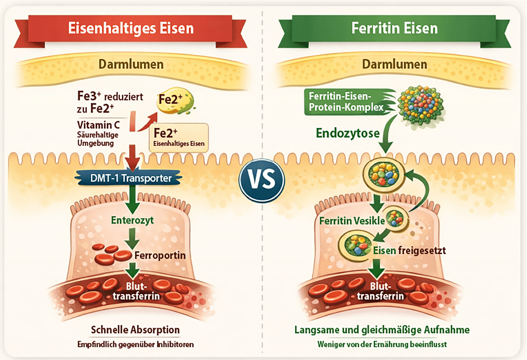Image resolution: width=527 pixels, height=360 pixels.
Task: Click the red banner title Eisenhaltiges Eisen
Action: [131, 28]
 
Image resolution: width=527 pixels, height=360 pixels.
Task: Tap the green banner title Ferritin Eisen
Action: [395, 28]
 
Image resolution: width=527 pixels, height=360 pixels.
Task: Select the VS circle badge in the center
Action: [262, 181]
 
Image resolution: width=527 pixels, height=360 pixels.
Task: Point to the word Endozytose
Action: [348, 133]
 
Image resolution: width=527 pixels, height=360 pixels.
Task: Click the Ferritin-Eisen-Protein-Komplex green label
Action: [346, 102]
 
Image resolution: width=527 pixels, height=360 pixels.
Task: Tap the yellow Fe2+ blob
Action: [175, 101]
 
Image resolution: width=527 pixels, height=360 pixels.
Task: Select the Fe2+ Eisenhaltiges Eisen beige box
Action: [179, 137]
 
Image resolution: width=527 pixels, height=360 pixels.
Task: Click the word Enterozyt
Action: [132, 220]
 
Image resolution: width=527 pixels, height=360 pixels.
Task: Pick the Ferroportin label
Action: [160, 255]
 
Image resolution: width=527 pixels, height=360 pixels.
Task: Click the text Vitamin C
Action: [98, 125]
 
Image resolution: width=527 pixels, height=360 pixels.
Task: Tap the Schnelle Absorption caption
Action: [135, 330]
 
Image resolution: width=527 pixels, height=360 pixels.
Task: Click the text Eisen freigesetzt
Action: [409, 251]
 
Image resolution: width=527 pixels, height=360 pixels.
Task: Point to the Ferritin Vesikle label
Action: [352, 221]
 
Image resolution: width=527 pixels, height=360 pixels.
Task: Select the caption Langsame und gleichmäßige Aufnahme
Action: [382, 330]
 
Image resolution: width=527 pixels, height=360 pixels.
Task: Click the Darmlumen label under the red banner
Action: [131, 64]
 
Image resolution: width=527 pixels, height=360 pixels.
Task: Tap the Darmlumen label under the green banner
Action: [395, 64]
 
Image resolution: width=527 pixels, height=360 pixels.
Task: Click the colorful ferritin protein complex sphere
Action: [420, 105]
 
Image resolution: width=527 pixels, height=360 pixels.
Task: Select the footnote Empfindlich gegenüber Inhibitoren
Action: [135, 344]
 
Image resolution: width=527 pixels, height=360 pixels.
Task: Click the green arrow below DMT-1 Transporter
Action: [132, 199]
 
